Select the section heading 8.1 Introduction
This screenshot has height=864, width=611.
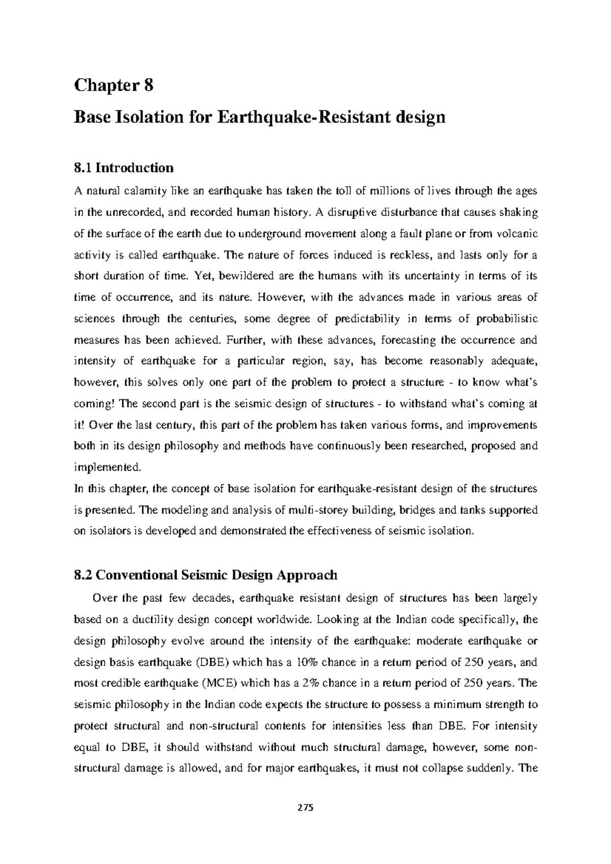click(x=124, y=167)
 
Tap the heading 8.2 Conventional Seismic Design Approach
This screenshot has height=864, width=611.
click(x=206, y=575)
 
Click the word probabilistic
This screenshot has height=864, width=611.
click(x=506, y=319)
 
